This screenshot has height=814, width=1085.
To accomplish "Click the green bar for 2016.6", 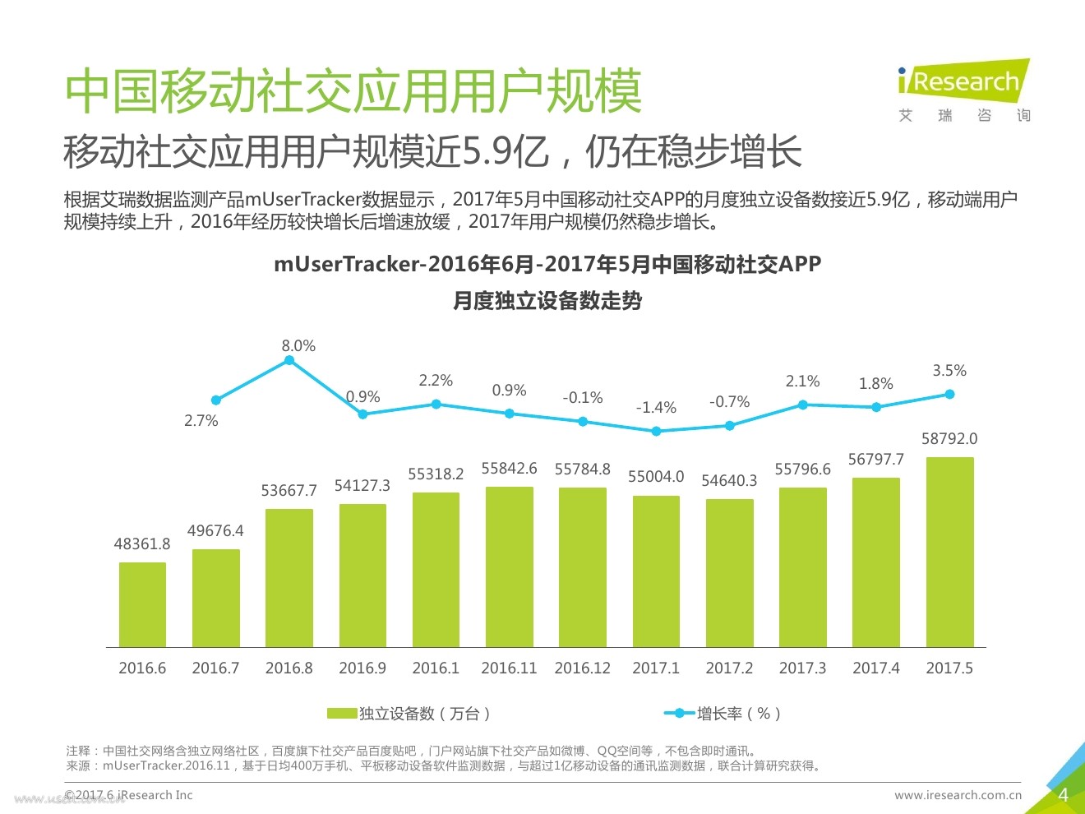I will (x=142, y=604).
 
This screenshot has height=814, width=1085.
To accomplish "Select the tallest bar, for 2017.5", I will (x=949, y=552).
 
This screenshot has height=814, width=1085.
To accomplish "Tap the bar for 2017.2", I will (x=729, y=572).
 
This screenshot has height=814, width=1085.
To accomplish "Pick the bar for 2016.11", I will (x=509, y=567).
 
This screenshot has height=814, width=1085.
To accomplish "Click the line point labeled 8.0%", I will (x=289, y=360).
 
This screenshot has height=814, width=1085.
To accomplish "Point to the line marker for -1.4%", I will (x=656, y=431).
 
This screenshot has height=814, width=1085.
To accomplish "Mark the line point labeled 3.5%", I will (x=949, y=394).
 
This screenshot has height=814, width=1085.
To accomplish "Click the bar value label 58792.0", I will (x=949, y=439).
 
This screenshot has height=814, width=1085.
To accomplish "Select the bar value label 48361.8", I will (x=142, y=544).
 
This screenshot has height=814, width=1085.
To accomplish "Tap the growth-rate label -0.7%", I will (x=729, y=402).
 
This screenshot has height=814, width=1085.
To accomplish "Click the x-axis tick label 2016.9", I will (x=362, y=668).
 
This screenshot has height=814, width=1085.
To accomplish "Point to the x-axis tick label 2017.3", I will (x=802, y=668).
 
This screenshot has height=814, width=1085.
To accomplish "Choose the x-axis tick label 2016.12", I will (x=583, y=668).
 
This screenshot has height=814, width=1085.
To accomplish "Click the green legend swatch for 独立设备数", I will (x=342, y=714).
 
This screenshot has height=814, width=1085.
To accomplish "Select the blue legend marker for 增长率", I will (x=679, y=714).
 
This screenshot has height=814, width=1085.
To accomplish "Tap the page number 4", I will (x=1063, y=795).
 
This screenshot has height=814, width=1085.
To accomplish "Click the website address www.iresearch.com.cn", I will (x=958, y=795).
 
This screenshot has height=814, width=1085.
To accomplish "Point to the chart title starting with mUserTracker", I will (x=547, y=265).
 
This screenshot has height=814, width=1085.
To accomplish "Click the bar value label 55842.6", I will (x=509, y=469).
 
